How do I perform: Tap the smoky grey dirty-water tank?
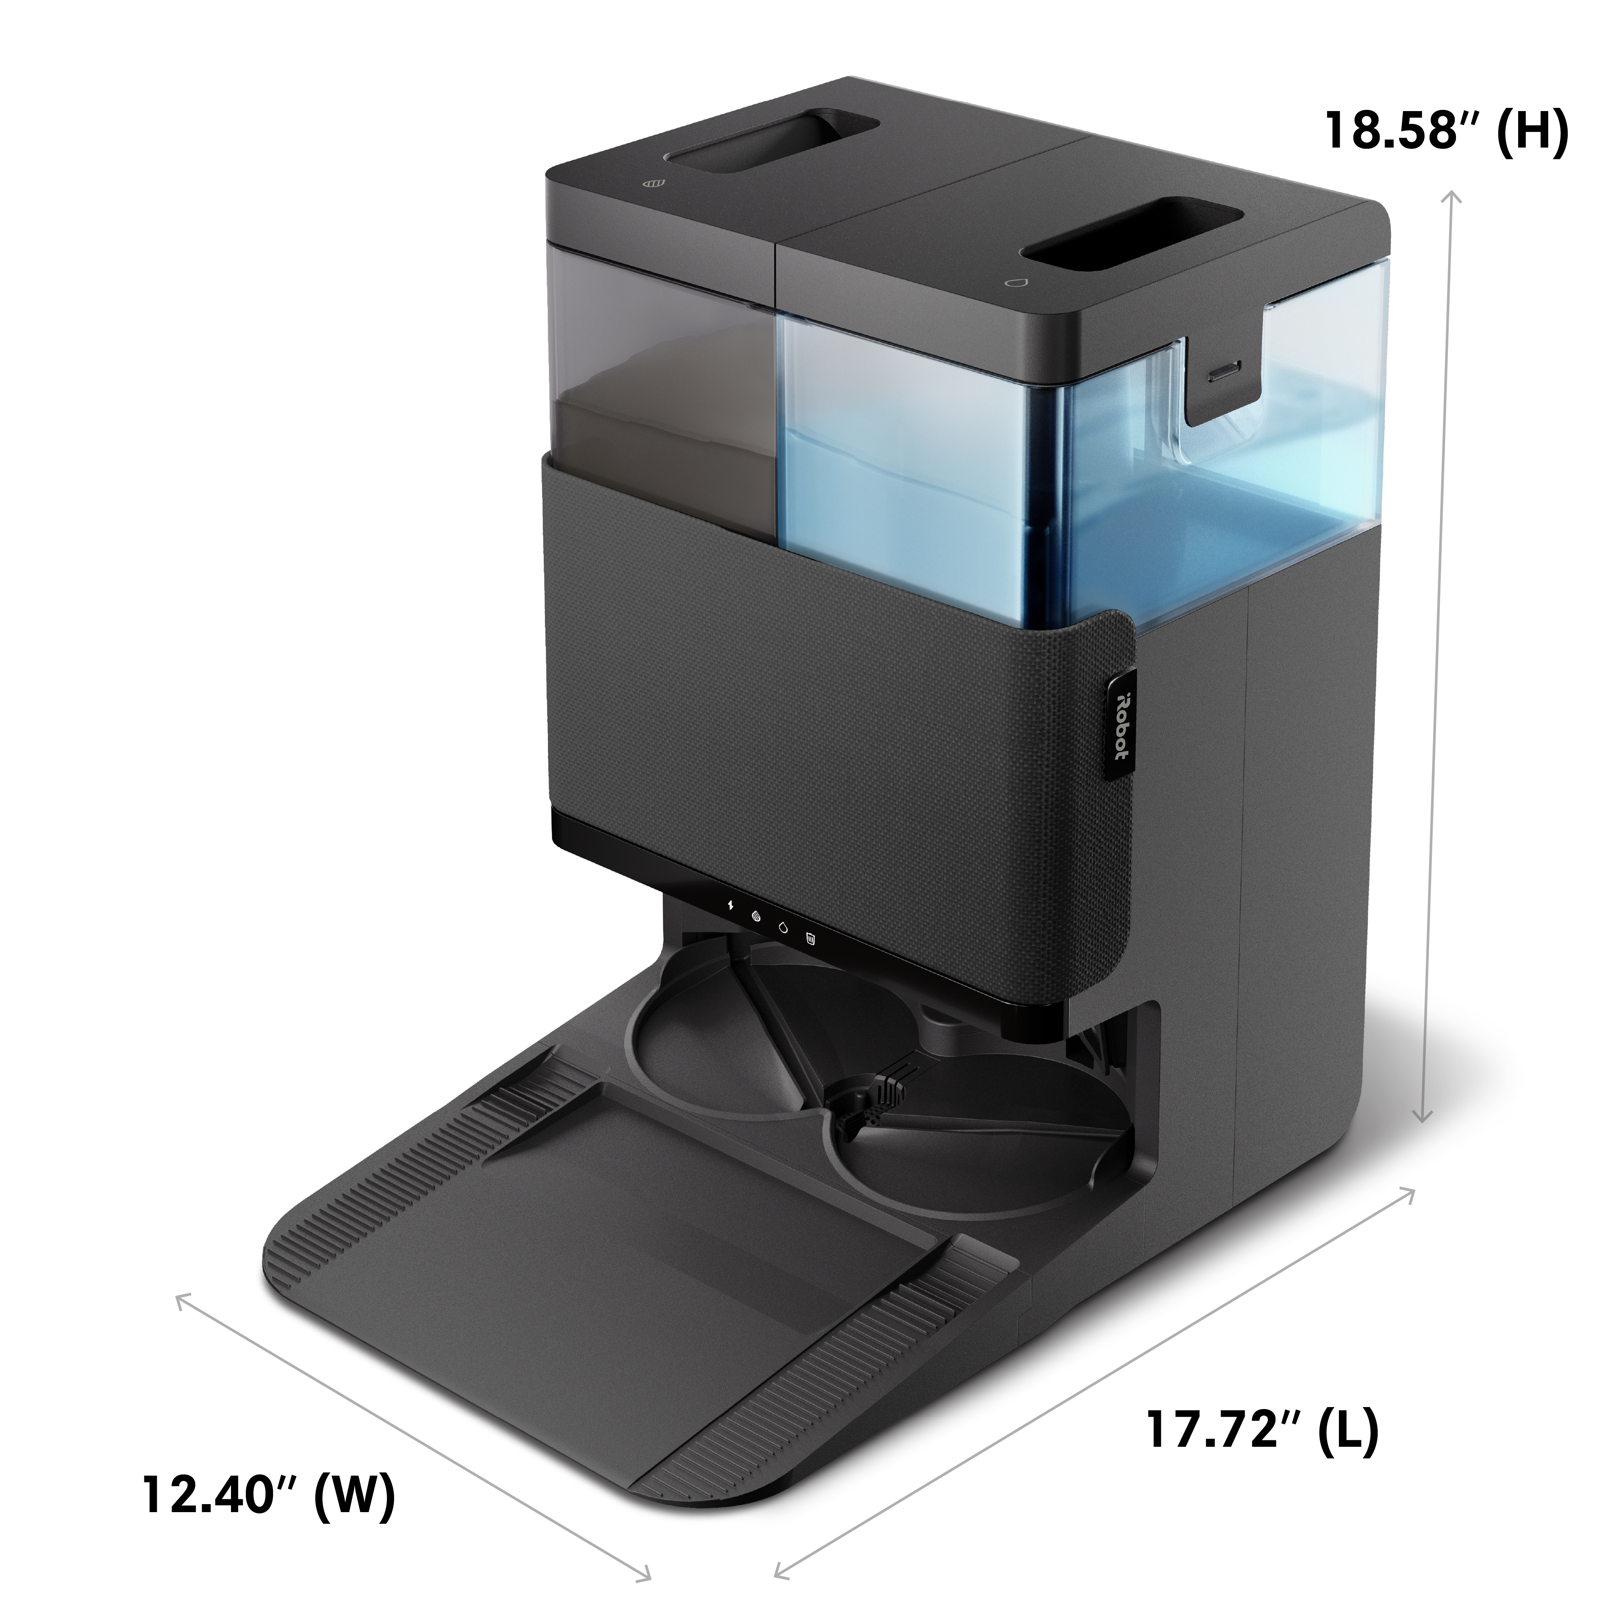662,403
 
